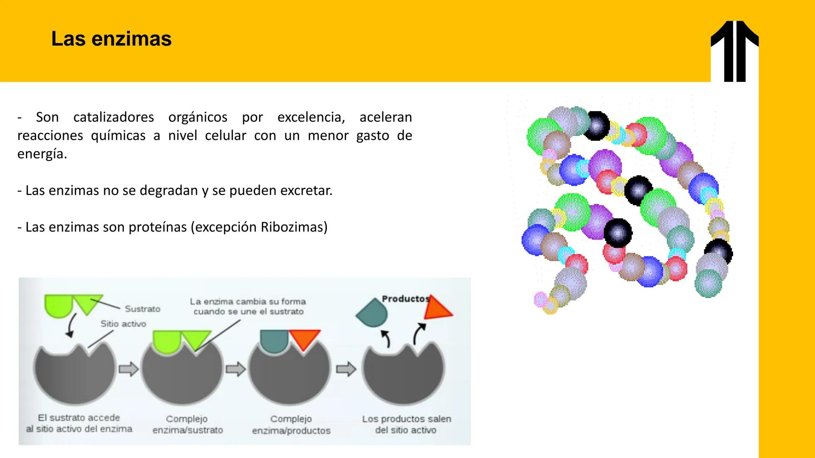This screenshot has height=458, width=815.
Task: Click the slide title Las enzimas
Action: (x=111, y=39)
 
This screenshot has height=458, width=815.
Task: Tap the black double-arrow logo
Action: (x=734, y=51)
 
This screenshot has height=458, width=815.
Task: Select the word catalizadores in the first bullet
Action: (x=113, y=117)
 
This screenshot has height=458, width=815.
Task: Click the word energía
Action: (x=42, y=154)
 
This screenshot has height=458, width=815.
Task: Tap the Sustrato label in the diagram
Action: (x=142, y=309)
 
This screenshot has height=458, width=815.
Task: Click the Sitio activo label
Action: (x=123, y=324)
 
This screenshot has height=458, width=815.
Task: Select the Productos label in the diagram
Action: (x=405, y=299)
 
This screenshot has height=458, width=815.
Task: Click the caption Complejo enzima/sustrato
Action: (x=187, y=424)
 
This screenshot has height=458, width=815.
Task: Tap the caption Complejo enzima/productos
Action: (x=291, y=425)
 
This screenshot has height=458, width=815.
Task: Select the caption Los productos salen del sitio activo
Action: (x=406, y=424)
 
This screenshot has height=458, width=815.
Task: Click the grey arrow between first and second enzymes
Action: (x=129, y=369)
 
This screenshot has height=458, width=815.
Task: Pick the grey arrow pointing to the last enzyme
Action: (x=346, y=369)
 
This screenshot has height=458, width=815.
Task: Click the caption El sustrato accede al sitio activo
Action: (x=79, y=423)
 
